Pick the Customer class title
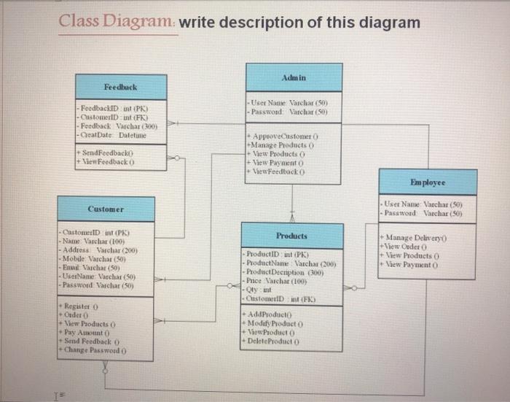coord(105,209)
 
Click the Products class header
coord(292,236)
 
